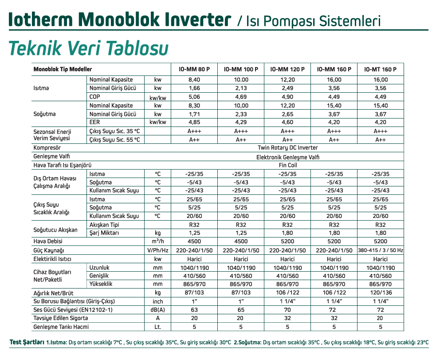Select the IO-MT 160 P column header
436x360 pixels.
point(380,70)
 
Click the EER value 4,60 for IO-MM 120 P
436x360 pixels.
point(287,122)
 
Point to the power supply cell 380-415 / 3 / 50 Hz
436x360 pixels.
point(380,250)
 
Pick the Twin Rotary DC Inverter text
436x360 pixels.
point(287,148)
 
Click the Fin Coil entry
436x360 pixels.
point(287,165)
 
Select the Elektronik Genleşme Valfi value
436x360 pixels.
point(287,157)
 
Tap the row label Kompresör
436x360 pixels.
point(47,148)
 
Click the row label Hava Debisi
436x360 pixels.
point(48,241)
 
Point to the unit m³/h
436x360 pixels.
point(157,241)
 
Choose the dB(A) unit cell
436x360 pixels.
point(157,309)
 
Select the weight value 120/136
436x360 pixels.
point(380,293)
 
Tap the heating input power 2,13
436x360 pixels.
point(241,88)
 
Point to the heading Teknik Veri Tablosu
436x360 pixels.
point(88,48)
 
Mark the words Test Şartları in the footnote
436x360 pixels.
point(27,342)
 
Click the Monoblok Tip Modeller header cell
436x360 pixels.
point(63,70)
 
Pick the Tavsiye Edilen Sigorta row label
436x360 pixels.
point(61,318)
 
